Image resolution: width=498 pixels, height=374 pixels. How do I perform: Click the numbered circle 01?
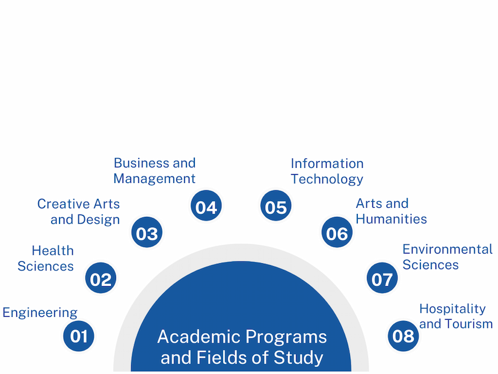click(79, 336)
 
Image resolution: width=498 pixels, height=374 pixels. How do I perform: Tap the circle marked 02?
click(100, 278)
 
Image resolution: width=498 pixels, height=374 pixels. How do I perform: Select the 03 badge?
click(147, 232)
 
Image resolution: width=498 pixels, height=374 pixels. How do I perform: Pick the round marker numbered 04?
click(206, 206)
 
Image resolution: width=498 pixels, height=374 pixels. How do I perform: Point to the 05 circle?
click(275, 206)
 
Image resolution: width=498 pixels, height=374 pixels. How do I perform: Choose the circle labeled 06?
click(337, 232)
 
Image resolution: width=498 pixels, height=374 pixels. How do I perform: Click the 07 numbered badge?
click(382, 278)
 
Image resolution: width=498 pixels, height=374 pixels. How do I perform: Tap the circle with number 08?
click(404, 336)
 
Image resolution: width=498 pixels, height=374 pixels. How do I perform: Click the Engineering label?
click(40, 313)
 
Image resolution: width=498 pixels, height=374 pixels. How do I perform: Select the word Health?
click(53, 251)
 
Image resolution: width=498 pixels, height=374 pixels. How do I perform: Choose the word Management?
click(155, 179)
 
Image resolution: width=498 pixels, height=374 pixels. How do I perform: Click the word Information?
click(327, 164)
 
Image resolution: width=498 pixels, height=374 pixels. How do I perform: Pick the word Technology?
click(327, 179)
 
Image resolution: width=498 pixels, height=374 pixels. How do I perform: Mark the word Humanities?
click(392, 219)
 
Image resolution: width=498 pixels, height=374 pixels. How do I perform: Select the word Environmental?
click(447, 249)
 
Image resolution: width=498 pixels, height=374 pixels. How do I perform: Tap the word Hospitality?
click(452, 309)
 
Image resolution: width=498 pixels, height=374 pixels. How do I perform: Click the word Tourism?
click(473, 324)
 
